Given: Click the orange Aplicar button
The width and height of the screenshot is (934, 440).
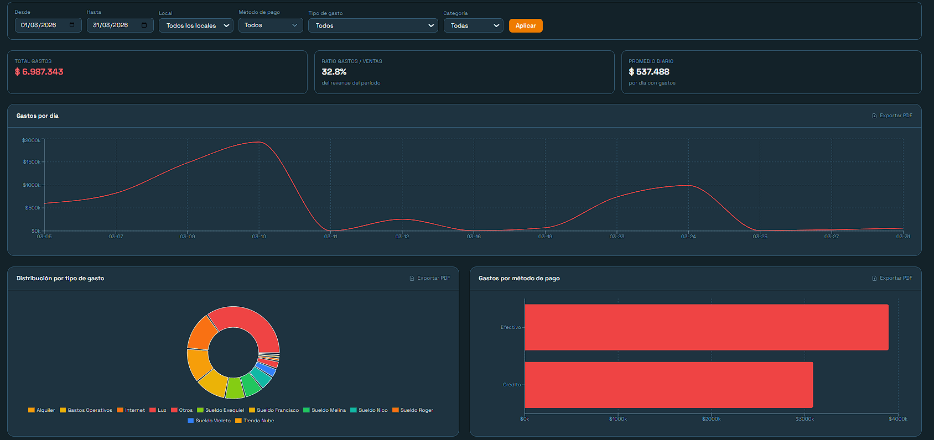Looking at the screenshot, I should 525,25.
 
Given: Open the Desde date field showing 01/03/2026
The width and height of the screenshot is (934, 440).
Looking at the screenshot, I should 48,25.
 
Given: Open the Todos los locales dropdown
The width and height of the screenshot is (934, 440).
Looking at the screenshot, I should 196,25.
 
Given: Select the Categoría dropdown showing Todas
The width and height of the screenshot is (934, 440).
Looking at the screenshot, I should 473,25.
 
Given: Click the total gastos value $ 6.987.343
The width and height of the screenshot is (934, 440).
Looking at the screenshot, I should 39,72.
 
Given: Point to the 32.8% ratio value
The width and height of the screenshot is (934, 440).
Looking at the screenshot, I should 334,72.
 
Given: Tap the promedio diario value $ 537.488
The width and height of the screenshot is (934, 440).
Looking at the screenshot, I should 648,72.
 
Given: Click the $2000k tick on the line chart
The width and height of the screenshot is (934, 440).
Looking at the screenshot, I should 31,140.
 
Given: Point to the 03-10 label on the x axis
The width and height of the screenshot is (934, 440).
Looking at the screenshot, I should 259,237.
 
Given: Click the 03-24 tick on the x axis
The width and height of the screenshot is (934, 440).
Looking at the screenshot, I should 688,237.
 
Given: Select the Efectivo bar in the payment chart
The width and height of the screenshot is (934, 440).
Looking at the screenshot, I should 706,327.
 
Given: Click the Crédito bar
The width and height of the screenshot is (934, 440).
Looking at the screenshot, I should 668,385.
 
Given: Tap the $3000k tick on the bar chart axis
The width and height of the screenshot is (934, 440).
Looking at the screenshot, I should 805,419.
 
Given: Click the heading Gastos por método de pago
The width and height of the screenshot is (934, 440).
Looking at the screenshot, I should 518,278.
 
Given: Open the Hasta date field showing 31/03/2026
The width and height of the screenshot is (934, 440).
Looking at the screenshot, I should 120,25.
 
